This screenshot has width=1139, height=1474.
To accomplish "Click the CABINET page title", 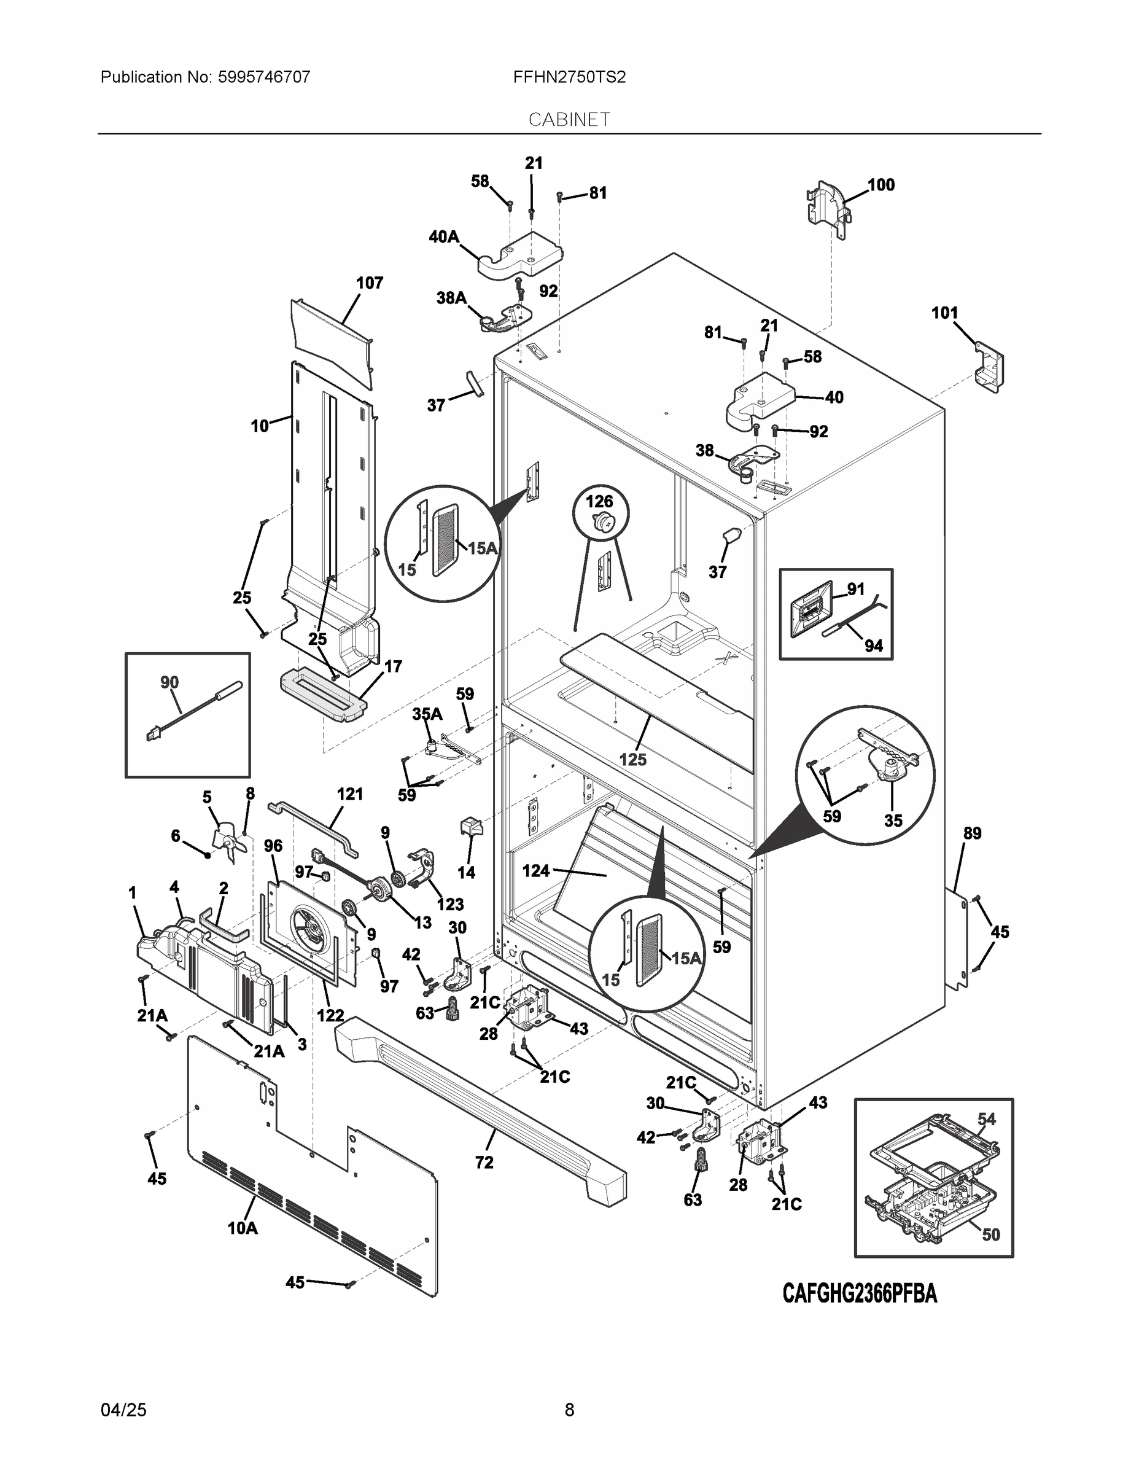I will tap(569, 120).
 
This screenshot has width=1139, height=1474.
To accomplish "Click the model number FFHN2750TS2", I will tap(569, 77).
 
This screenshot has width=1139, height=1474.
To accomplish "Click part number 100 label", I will tap(880, 185).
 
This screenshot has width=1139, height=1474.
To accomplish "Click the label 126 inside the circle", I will tap(599, 501).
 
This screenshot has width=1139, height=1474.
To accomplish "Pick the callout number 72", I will tap(484, 1162).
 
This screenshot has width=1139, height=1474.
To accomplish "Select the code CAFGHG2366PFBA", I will tap(859, 1294).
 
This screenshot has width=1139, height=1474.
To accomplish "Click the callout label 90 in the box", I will tap(169, 682).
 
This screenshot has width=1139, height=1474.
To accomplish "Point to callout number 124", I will tap(536, 872).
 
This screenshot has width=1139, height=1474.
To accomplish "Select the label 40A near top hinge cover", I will tap(443, 237).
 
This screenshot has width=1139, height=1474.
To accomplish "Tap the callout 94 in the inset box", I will tap(873, 646).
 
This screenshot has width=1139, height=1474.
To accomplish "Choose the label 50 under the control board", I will tap(990, 1234).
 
